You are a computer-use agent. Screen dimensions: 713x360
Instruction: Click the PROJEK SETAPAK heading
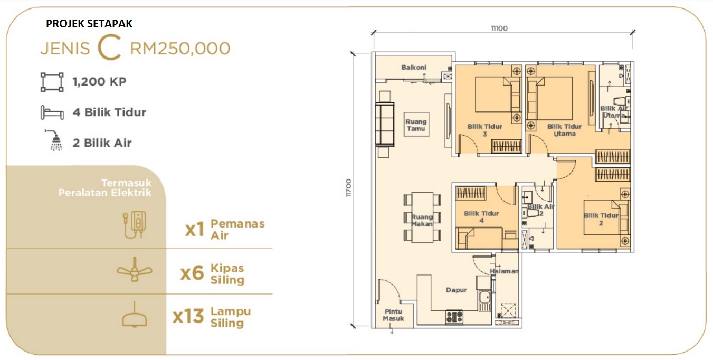(x=89, y=24)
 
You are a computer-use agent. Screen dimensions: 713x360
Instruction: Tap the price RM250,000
(x=180, y=49)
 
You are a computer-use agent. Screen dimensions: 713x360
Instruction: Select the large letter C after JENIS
(x=109, y=48)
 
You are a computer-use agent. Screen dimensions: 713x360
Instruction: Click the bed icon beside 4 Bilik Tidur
(x=52, y=112)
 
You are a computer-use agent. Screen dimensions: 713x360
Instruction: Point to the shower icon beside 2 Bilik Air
(x=54, y=140)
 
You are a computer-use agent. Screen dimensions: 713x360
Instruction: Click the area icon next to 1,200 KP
(x=52, y=82)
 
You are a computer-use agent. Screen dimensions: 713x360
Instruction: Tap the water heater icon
(x=135, y=224)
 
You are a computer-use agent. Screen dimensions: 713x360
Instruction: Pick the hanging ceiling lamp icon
(x=135, y=315)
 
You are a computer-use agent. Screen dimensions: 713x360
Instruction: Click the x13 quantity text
(x=188, y=316)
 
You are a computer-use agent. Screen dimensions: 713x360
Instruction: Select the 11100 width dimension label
(x=499, y=29)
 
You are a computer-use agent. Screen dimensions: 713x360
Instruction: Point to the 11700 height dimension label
(x=348, y=188)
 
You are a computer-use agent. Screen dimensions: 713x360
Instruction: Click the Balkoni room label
(x=414, y=68)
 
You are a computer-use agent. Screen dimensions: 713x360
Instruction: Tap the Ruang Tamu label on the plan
(x=416, y=125)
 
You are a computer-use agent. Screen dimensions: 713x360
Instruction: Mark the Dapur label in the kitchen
(x=456, y=290)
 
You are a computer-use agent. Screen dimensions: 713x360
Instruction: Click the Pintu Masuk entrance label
(x=393, y=315)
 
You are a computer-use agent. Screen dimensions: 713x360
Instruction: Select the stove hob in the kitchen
(x=454, y=317)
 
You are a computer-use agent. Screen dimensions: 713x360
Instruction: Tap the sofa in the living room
(x=385, y=124)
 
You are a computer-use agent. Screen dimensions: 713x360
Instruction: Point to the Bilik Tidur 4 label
(x=481, y=217)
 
